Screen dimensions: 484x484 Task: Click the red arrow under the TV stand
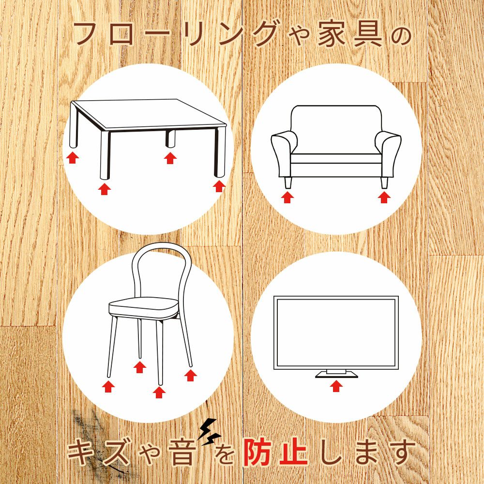pos(337,386)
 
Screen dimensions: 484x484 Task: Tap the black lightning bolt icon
pos(209,432)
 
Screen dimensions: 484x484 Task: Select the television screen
pos(336,332)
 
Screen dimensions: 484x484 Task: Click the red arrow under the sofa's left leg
pos(287,197)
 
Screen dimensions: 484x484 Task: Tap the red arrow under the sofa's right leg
pos(384,197)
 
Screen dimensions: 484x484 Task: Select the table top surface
pos(148,114)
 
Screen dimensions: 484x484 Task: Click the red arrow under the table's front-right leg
pos(219,186)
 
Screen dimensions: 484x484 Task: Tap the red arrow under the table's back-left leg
pos(73,157)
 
